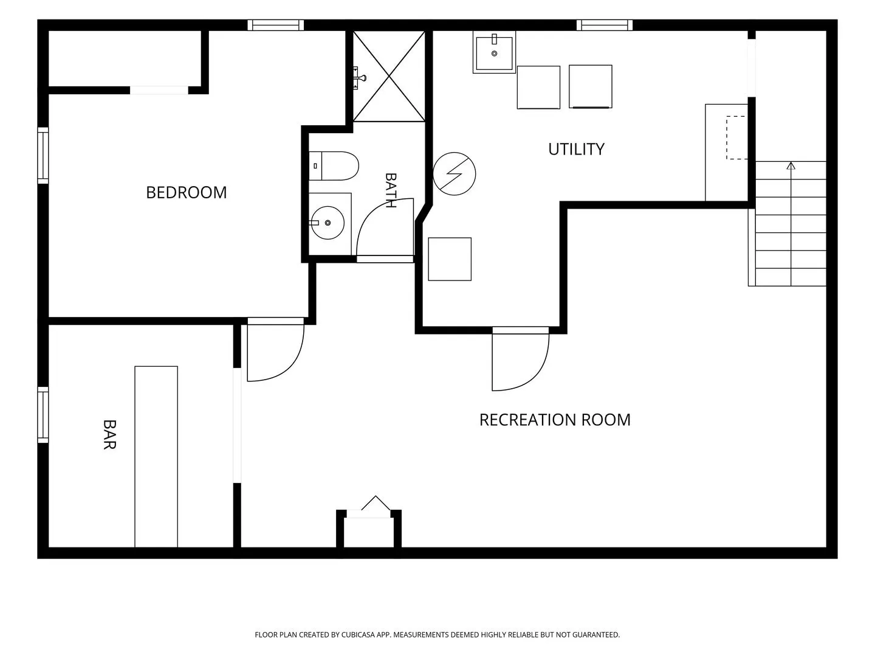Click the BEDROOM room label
186,193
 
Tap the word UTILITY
576,149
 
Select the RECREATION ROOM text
555,420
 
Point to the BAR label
109,435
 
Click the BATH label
390,190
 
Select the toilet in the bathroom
334,166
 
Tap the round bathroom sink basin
328,223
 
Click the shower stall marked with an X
389,76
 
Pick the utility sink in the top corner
494,52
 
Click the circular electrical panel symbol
454,173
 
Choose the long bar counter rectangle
156,457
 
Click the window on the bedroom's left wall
43,156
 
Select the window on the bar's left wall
43,415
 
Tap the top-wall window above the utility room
605,25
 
